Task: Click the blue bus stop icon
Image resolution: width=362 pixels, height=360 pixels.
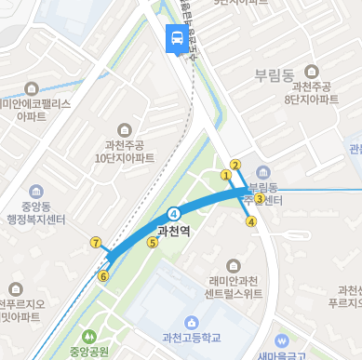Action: click(x=175, y=39)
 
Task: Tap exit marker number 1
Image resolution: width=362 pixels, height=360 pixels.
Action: click(x=225, y=174)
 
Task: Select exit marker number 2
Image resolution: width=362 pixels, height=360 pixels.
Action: click(x=235, y=166)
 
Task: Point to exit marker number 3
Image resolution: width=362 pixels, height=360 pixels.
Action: click(x=260, y=198)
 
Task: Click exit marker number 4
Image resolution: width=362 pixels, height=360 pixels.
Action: click(x=250, y=221)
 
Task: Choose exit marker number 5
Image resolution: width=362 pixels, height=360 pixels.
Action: click(x=153, y=243)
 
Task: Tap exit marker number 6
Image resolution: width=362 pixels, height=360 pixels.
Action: click(x=103, y=276)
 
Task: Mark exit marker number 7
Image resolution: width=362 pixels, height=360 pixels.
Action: click(x=95, y=243)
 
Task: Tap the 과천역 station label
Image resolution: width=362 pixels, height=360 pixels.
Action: click(x=174, y=232)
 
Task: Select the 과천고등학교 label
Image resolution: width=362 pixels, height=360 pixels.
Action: click(x=191, y=337)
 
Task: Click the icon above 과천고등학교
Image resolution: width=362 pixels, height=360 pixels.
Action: click(x=191, y=322)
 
